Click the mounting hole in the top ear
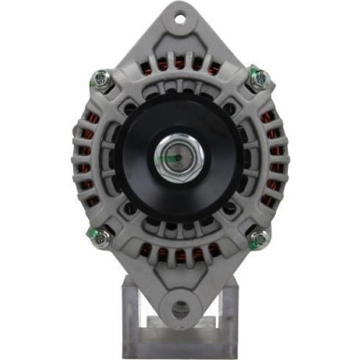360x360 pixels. tap(180, 17)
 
